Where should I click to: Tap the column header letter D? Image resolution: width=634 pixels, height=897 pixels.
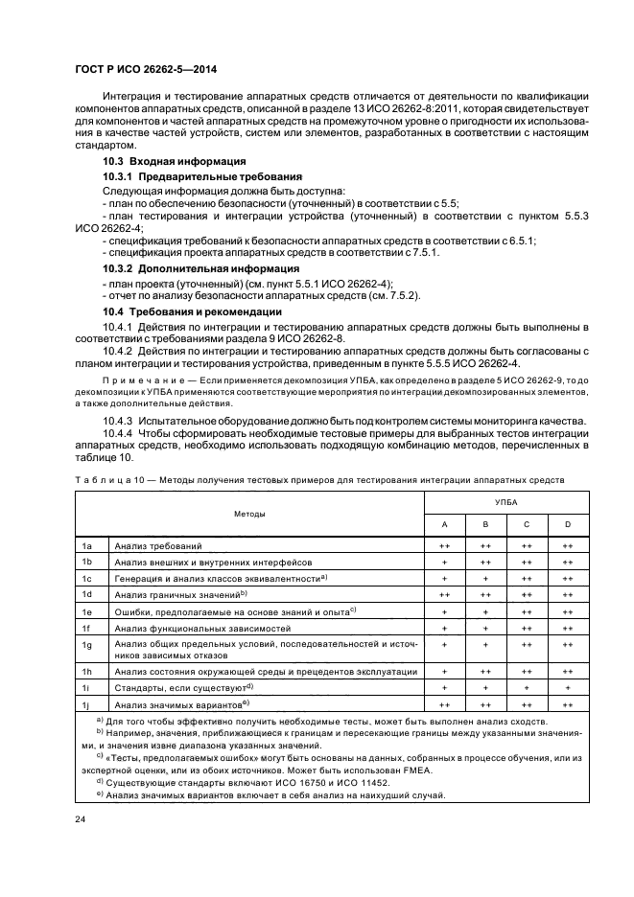pos(568,524)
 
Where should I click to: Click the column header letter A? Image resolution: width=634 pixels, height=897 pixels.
pos(444,524)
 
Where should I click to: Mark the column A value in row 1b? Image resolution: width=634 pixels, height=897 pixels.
pos(444,562)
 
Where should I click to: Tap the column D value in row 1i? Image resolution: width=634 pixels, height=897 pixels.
pos(568,688)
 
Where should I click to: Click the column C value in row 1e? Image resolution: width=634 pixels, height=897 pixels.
pos(527,610)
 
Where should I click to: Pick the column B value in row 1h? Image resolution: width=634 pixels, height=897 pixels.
pos(485,672)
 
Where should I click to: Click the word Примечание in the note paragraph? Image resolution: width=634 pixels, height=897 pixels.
pos(136,379)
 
